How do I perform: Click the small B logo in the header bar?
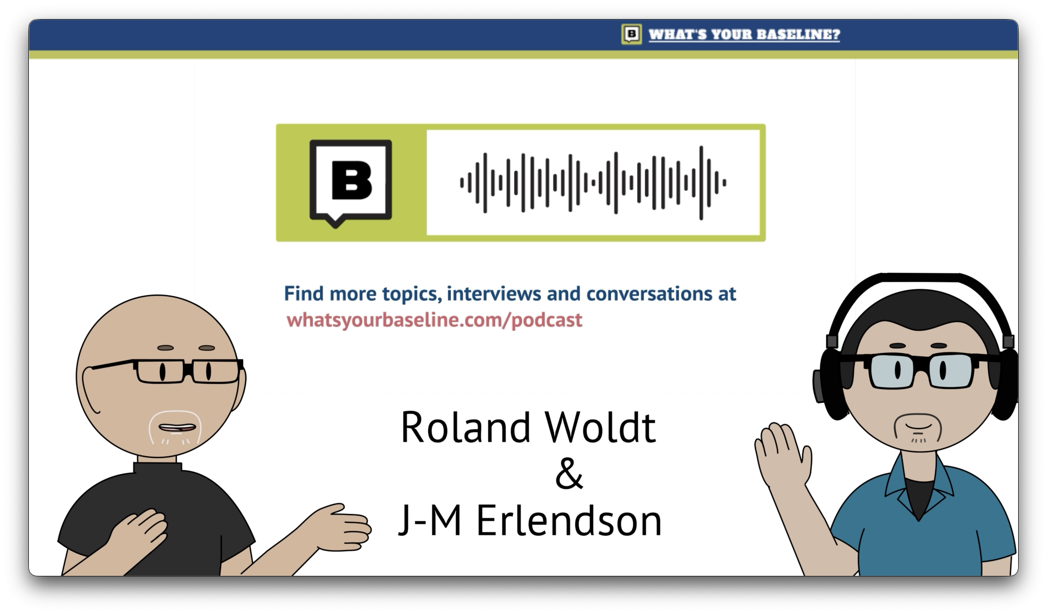coord(631,35)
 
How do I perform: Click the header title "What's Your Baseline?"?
coord(744,35)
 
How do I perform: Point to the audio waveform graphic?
coord(593,182)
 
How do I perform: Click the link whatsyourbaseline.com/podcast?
coord(434,320)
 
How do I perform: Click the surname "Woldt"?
coord(600,427)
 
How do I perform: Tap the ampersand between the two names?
coord(569,473)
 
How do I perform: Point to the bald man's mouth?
coord(177,428)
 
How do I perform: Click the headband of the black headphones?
coord(920,288)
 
